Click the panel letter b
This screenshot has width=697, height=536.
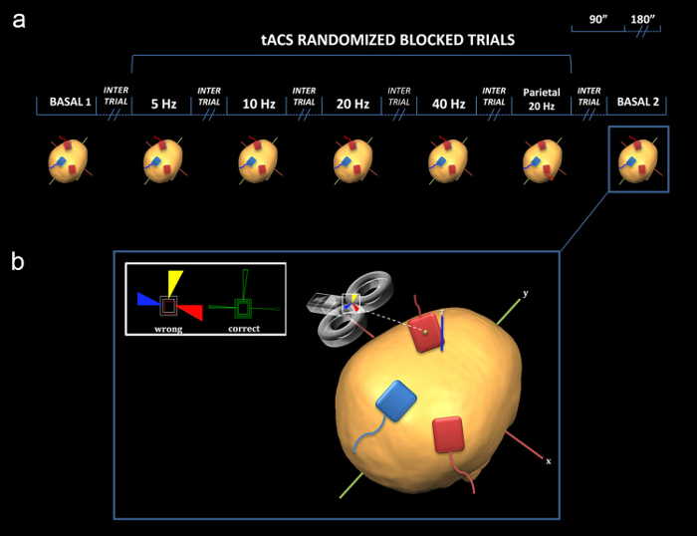[x=18, y=262]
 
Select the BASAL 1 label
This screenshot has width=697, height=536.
[x=70, y=102]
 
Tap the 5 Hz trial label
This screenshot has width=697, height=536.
[x=163, y=102]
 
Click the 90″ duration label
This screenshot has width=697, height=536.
[x=597, y=17]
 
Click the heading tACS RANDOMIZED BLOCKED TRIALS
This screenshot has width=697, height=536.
[x=351, y=42]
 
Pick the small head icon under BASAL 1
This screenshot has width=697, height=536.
[x=69, y=159]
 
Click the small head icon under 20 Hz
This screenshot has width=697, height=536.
[x=352, y=159]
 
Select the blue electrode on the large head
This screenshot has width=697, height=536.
[x=395, y=402]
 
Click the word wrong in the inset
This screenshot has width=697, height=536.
[x=168, y=328]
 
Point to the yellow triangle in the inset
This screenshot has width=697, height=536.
[x=175, y=281]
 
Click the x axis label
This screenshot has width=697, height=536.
[x=548, y=461]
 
